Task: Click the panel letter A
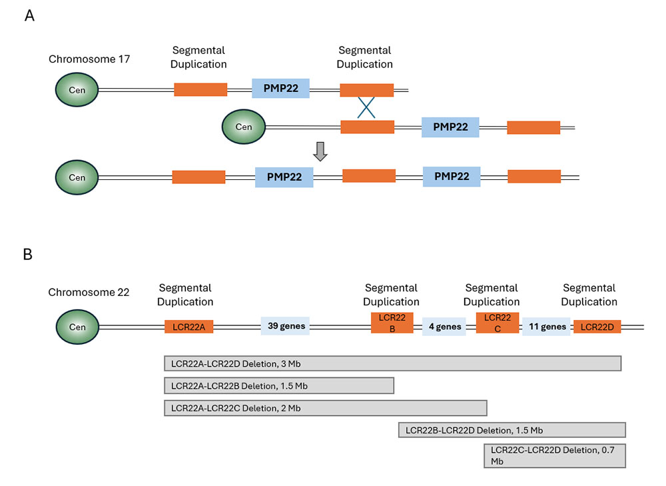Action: (29, 15)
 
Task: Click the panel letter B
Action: (29, 255)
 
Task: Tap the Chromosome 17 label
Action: (89, 59)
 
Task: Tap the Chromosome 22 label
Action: (89, 292)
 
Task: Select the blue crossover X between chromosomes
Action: (365, 107)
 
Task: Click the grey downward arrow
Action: (321, 151)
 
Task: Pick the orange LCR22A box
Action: (188, 327)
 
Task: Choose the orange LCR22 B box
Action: (392, 323)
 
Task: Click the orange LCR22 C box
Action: (498, 323)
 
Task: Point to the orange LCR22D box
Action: (597, 327)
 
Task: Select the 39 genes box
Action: (285, 327)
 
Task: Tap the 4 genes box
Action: (444, 327)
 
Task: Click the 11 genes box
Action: (546, 327)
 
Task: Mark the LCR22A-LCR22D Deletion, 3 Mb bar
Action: (392, 363)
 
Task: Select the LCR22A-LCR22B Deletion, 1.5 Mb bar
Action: (279, 386)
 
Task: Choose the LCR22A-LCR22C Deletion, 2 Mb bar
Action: (326, 408)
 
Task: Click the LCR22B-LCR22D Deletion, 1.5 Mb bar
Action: (511, 430)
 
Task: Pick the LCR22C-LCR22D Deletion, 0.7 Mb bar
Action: (555, 455)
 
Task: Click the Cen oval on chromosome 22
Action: (77, 327)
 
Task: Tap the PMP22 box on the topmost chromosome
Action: (280, 89)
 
